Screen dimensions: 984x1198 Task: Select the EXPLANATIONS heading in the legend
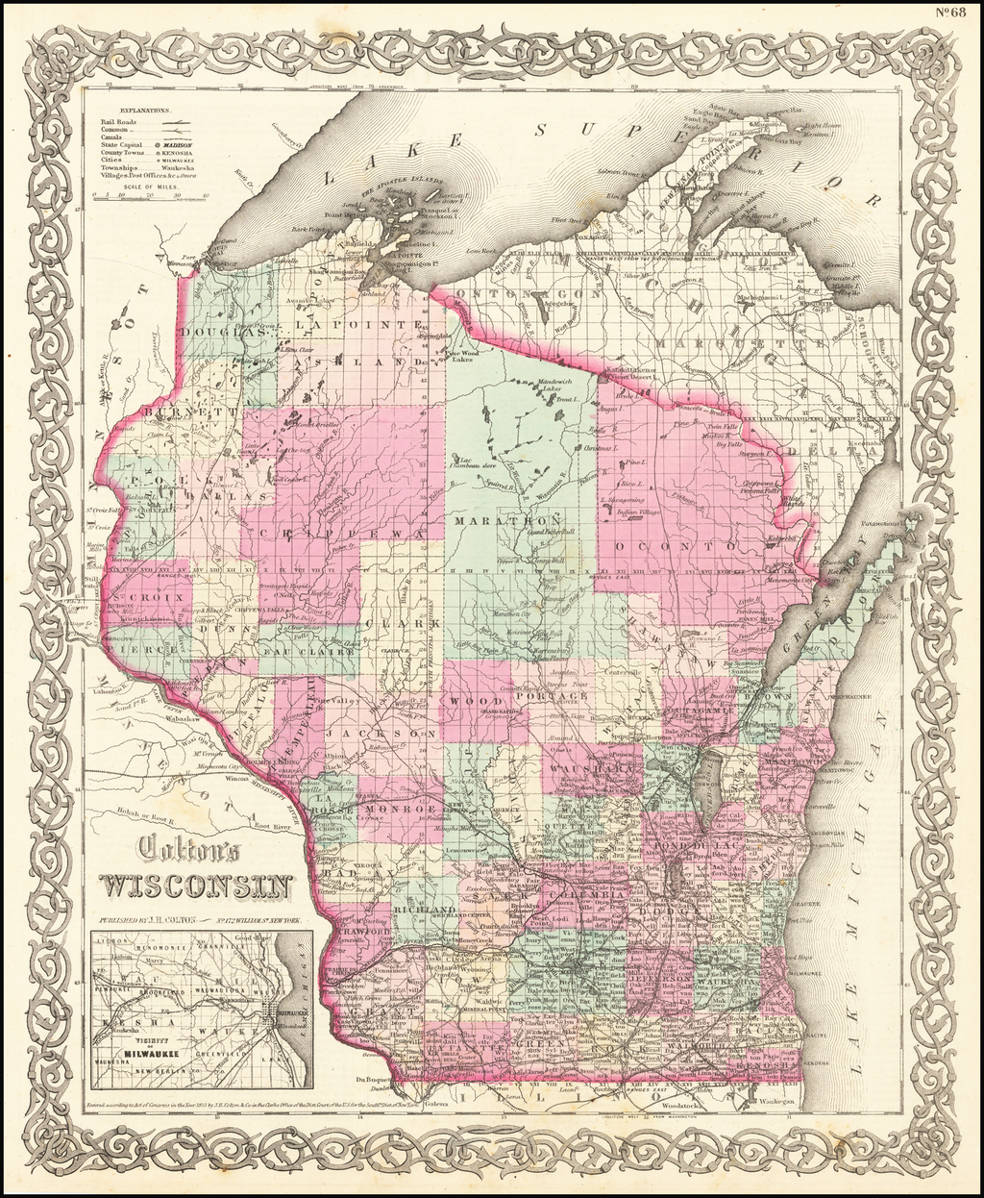pos(131,111)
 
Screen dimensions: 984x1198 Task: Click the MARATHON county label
pos(501,520)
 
